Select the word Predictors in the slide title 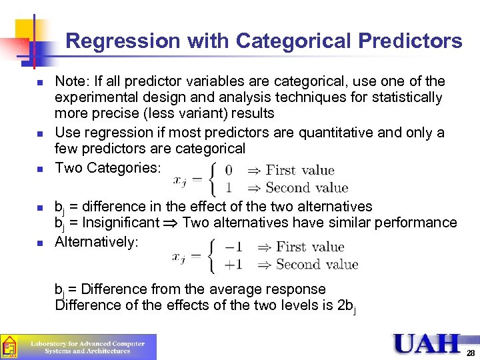(x=410, y=41)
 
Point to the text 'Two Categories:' (x=108, y=167)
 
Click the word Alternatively (x=97, y=242)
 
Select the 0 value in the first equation (x=229, y=171)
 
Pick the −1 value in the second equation (x=233, y=247)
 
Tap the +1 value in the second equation (x=233, y=265)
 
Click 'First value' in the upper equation (x=300, y=171)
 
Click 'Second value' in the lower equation (x=317, y=265)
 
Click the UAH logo (x=427, y=343)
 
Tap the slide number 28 (x=471, y=353)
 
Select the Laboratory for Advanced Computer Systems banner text (x=87, y=347)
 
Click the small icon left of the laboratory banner (x=9, y=347)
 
